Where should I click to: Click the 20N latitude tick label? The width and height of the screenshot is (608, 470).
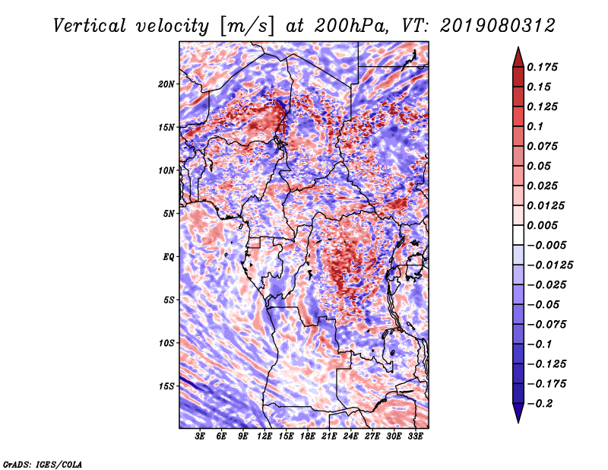tap(166, 84)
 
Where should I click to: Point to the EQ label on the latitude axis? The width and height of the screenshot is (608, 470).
tap(168, 256)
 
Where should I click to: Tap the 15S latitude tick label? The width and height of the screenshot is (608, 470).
tap(166, 386)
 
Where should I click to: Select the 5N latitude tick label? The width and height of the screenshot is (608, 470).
tap(169, 214)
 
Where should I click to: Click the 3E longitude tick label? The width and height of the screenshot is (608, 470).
tap(200, 437)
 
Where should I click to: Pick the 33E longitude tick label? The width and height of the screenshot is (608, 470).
tap(415, 437)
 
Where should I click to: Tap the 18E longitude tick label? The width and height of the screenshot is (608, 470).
tap(307, 437)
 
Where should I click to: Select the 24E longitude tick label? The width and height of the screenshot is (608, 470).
tap(350, 437)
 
